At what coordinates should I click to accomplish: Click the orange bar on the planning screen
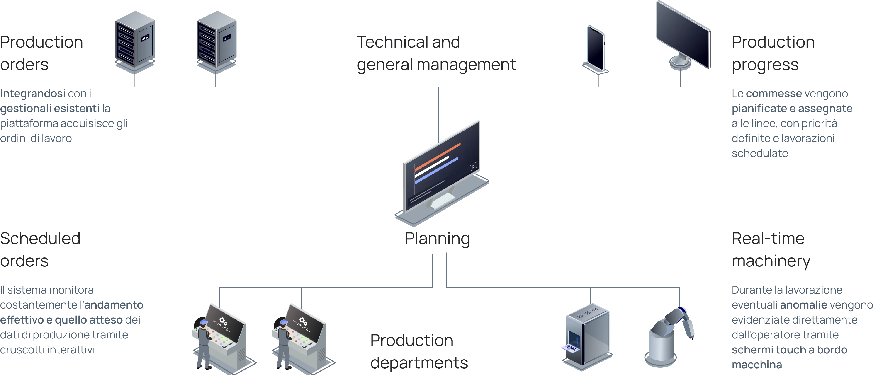[x=437, y=157]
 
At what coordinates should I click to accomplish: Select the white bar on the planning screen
[x=431, y=167]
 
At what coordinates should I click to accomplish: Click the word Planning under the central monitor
[x=437, y=239]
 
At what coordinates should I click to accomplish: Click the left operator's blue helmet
[x=204, y=322]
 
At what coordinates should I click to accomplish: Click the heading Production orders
[x=41, y=53]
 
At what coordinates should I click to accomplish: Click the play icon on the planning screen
[x=473, y=167]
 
